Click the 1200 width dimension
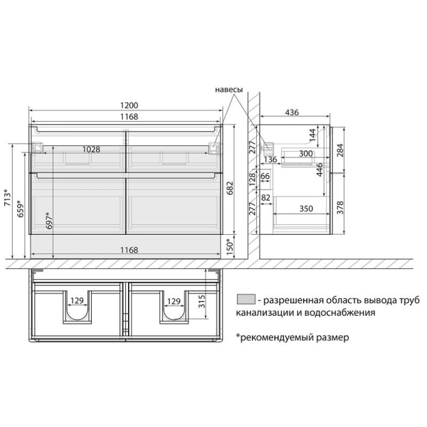pos(129,105)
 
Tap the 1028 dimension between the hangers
pos(91,149)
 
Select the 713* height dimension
pos(8,197)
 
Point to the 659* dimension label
pos(20,209)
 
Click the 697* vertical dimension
pos(49,220)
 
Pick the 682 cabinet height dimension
pos(230,188)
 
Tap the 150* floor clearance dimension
pos(230,247)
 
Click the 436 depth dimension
pos(292,112)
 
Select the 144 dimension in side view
pos(312,135)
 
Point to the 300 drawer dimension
pos(306,154)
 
